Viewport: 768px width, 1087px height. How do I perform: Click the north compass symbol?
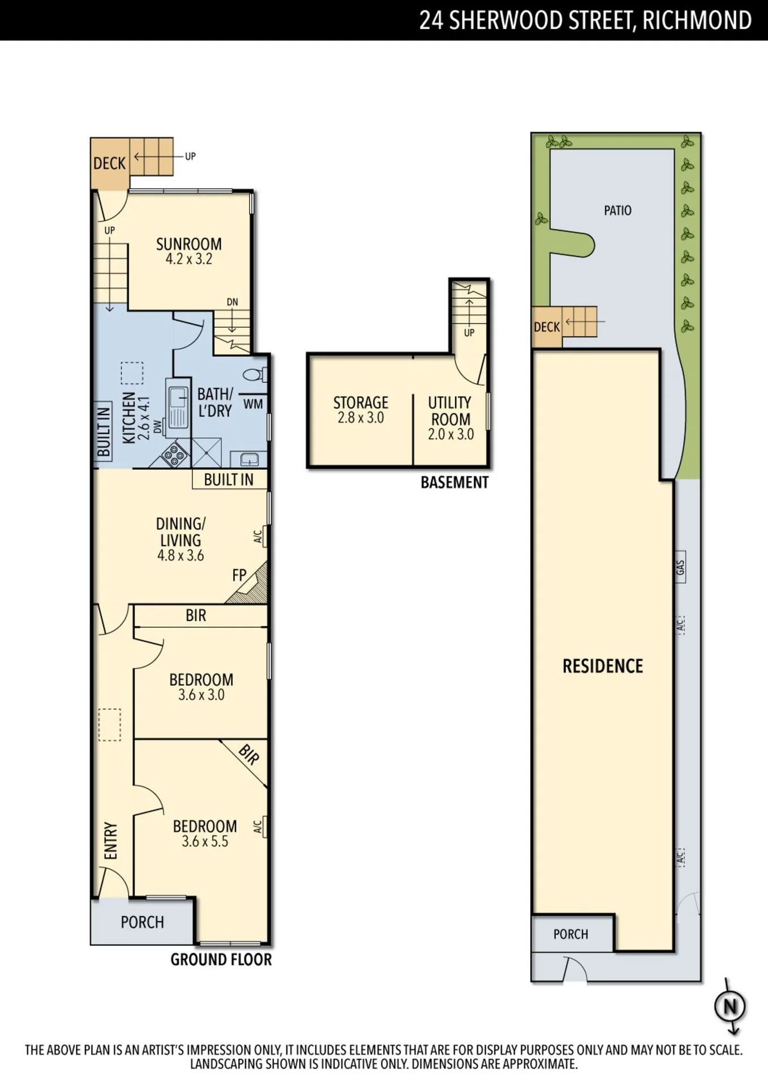tap(730, 1007)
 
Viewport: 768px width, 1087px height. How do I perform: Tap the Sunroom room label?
tap(189, 244)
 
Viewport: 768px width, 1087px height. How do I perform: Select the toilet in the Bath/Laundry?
tap(256, 374)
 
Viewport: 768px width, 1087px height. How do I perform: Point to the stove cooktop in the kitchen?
tap(175, 454)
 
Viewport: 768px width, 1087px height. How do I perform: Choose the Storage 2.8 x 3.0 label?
tap(361, 410)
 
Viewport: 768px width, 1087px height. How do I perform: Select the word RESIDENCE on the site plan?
tap(603, 666)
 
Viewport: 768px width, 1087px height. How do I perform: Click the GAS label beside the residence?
tap(680, 567)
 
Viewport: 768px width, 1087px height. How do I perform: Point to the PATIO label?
tap(617, 211)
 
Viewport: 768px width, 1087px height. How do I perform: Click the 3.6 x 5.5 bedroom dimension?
tap(205, 842)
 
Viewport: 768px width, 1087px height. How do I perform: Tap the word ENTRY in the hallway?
tap(111, 841)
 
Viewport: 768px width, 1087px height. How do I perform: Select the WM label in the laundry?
tap(253, 404)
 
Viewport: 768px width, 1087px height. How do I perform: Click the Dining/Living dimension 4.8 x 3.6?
tap(181, 555)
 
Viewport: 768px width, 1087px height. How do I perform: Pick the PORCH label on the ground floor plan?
tap(142, 922)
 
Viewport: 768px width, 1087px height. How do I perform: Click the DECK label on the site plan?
tap(547, 327)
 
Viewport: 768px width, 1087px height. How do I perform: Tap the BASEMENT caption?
tap(454, 483)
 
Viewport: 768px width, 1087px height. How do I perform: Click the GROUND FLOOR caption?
tap(221, 960)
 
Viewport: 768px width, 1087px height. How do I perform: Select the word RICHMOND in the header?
tap(697, 20)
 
